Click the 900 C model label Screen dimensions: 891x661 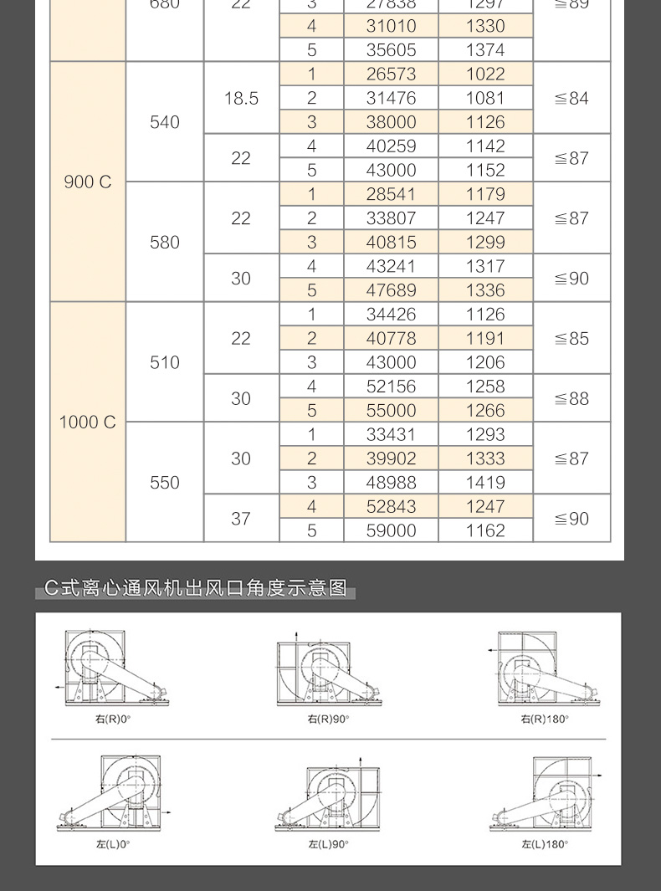88,182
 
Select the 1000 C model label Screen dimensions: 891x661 88,422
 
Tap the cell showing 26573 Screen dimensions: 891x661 391,74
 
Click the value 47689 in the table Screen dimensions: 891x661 391,290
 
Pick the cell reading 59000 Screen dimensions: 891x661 391,530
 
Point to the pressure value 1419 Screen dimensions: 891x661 485,483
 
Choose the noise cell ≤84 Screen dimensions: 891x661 571,98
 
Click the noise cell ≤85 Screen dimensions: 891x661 571,339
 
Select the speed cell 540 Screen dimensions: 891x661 165,122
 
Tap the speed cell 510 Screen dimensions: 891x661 165,362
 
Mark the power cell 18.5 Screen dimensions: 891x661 241,98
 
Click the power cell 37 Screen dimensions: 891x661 241,519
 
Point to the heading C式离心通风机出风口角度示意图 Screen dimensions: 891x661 196,588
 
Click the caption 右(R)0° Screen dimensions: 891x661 113,719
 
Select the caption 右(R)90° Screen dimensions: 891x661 328,719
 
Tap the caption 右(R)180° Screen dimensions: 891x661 545,719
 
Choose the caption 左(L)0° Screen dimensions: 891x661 113,844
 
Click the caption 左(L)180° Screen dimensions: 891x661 545,844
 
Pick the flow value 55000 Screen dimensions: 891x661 391,411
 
